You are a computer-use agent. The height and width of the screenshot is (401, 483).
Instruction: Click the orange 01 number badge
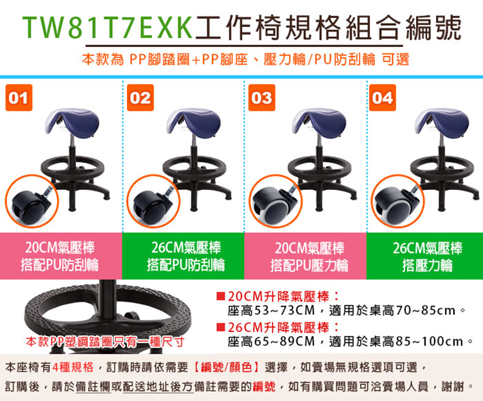[x=19, y=98]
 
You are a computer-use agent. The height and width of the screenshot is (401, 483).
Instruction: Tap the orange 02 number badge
[x=140, y=98]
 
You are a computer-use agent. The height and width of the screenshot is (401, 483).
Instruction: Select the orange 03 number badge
[x=262, y=98]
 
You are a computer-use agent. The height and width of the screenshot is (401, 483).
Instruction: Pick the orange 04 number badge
[x=383, y=98]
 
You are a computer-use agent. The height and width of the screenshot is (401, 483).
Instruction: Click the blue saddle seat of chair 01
[x=72, y=122]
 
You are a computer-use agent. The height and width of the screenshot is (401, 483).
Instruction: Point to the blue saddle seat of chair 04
[x=442, y=122]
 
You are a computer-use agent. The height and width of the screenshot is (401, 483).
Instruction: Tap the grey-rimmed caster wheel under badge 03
[x=272, y=205]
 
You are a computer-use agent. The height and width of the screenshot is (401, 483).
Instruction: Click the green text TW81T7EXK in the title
[x=108, y=28]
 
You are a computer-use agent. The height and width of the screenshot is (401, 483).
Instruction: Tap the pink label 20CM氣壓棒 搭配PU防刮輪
[x=60, y=256]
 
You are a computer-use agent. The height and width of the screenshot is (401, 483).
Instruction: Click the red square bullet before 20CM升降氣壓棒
[x=220, y=296]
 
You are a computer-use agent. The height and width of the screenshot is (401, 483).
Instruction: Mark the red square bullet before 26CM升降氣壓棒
[x=220, y=327]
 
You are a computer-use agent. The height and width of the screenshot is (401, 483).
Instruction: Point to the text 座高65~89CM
[x=271, y=341]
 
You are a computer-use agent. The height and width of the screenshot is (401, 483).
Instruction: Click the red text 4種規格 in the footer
[x=73, y=367]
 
